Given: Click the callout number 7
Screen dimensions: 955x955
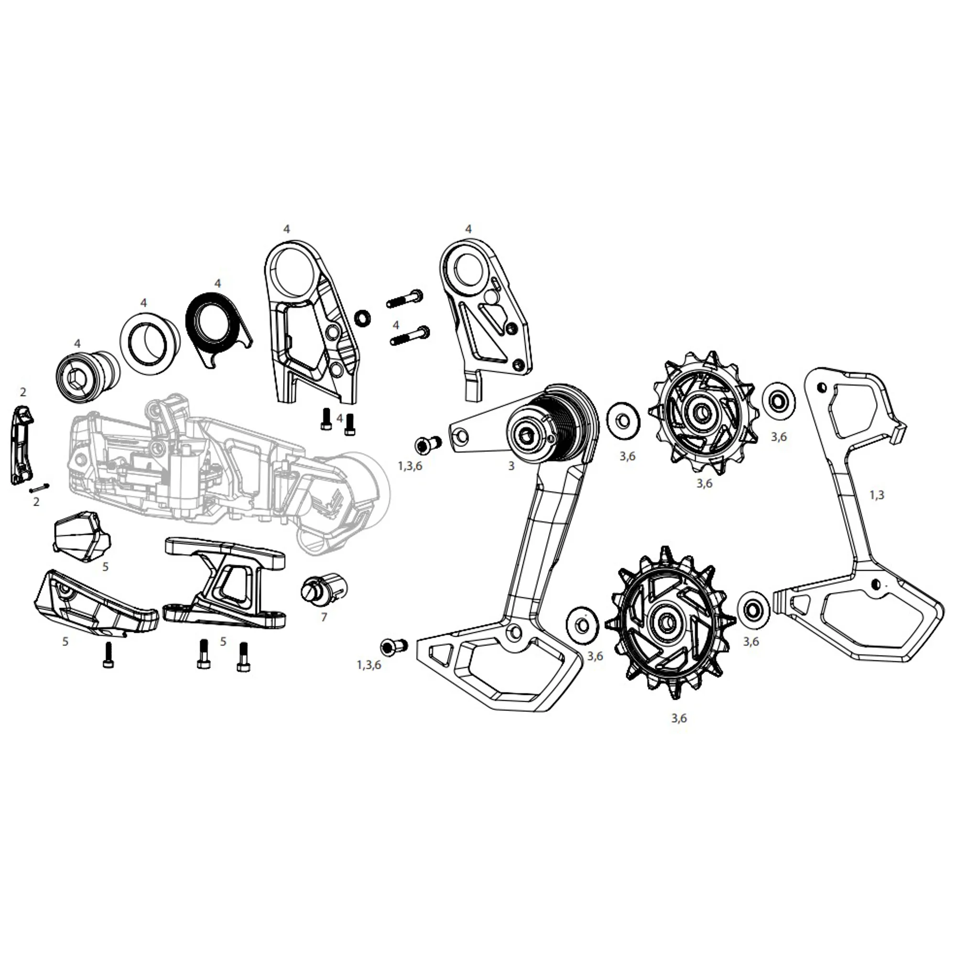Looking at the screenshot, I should point(324,618).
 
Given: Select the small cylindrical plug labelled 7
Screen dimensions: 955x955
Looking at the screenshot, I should point(324,588).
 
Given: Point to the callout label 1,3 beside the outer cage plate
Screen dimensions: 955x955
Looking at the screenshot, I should point(877,495).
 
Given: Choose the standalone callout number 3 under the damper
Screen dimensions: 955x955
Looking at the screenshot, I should point(511,466).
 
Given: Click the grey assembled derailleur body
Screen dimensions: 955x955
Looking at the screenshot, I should point(222,475).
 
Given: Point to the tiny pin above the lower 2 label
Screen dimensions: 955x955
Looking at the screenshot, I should point(39,488).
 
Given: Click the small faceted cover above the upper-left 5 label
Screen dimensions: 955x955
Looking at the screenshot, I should point(81,537).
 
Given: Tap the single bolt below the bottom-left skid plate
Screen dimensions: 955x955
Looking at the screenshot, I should point(108,655).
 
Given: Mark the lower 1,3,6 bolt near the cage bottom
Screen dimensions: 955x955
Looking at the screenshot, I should point(393,646).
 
